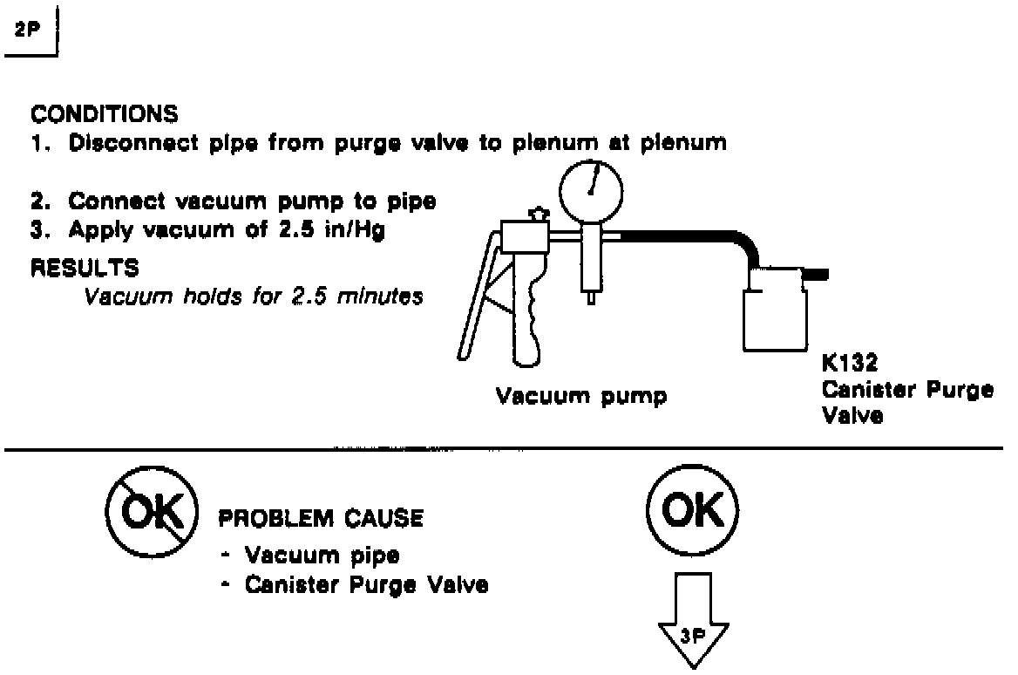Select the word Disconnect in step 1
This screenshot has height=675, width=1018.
click(x=128, y=142)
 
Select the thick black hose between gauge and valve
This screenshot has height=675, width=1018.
click(x=689, y=235)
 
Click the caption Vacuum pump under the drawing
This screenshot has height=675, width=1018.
click(x=581, y=398)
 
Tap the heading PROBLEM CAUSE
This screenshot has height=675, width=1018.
click(x=320, y=519)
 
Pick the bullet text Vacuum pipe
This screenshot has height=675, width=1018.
click(x=321, y=555)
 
